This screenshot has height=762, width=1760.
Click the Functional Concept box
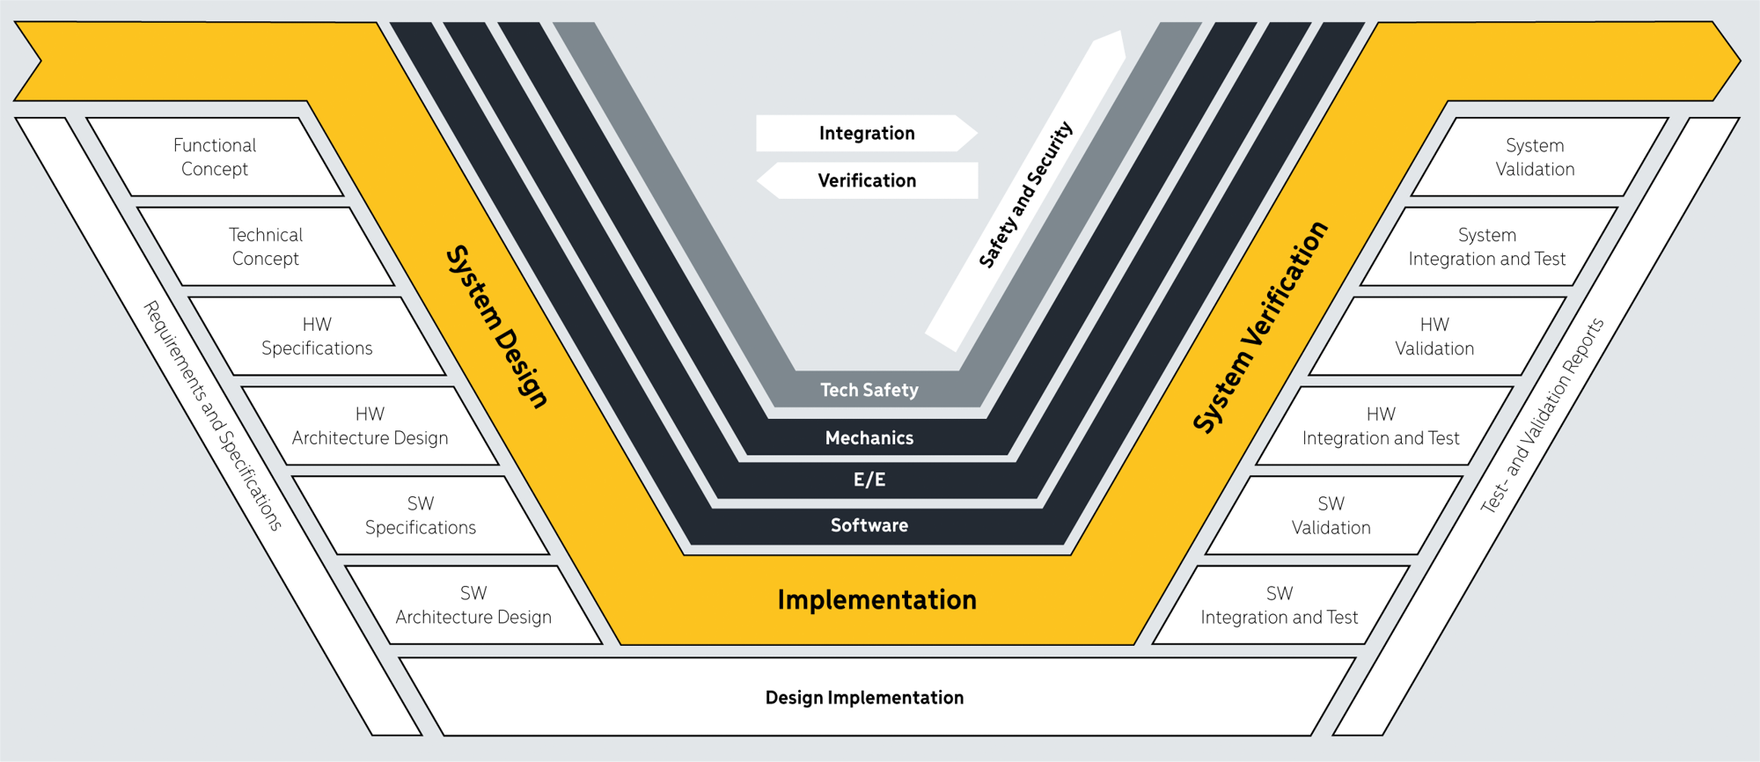coord(215,157)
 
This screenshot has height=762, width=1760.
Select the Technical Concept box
coord(266,246)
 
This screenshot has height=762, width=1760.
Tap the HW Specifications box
coord(317,336)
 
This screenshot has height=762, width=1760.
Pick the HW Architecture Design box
coord(370,426)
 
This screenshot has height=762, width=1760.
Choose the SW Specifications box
coord(421,516)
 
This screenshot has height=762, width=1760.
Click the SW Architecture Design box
coord(473,605)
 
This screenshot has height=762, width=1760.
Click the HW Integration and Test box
coord(1384,426)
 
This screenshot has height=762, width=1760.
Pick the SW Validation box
coord(1333,516)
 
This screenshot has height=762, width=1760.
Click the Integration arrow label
coord(867,133)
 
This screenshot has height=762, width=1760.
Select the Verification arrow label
coord(867,180)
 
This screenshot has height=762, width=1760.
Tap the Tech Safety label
coord(869,390)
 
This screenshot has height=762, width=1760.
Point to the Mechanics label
coord(869,437)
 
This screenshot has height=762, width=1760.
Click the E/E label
coord(869,480)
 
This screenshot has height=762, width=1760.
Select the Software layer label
coord(869,525)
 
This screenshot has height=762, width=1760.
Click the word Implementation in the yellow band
coord(876,600)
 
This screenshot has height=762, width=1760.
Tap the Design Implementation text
coord(864,698)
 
